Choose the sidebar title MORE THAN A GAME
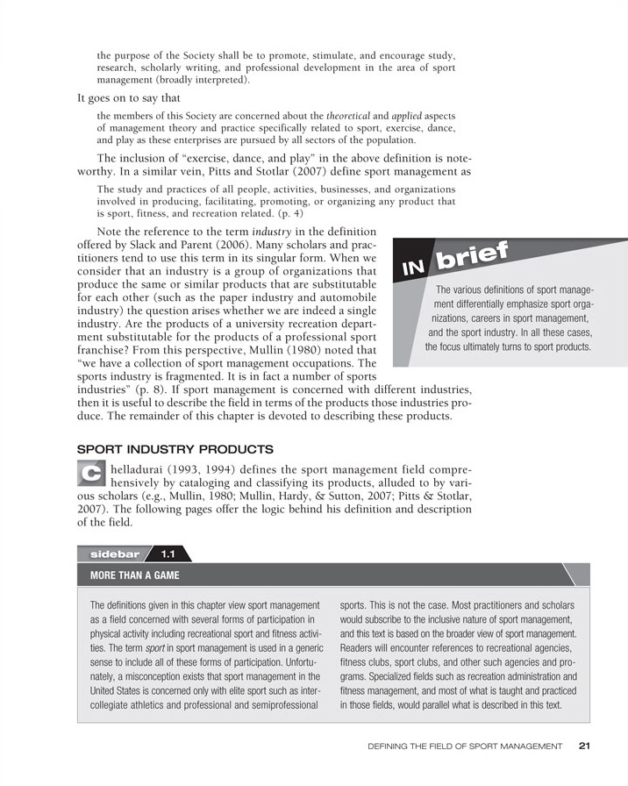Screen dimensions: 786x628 130,575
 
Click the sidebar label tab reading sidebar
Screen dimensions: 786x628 111,554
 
